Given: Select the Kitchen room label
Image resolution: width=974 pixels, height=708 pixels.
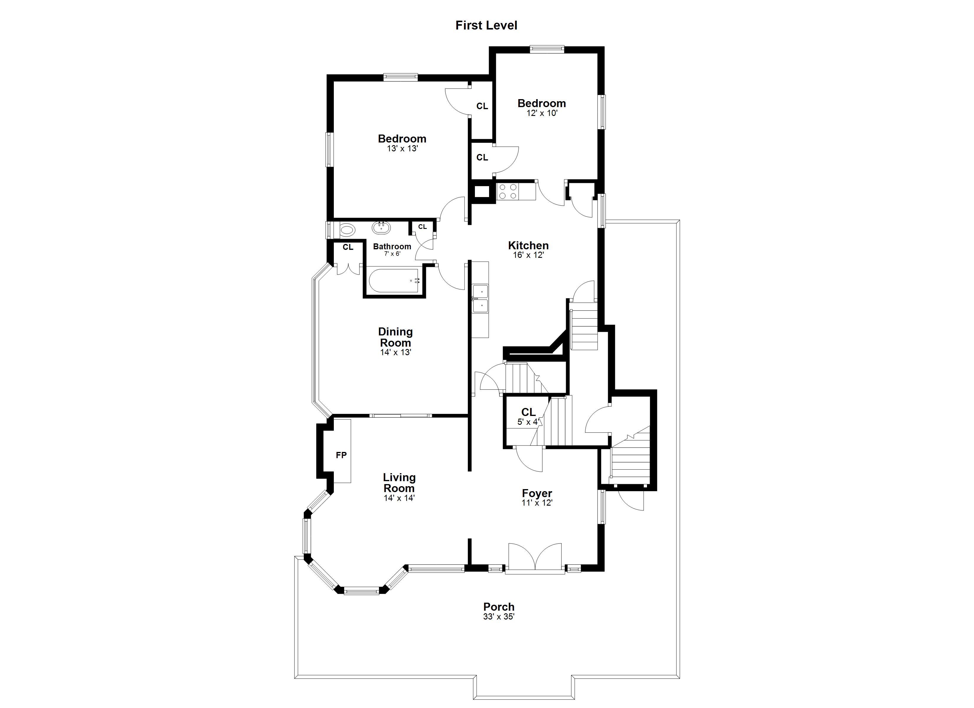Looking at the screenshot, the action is [x=528, y=246].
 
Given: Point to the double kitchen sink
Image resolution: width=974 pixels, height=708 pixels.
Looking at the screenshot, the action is [x=481, y=299].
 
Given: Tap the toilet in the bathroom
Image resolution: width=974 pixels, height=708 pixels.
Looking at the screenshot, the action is [x=347, y=230].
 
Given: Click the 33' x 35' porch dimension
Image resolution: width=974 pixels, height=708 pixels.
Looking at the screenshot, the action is [x=499, y=617].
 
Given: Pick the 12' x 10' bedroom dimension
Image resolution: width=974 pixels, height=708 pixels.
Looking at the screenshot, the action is [x=542, y=113].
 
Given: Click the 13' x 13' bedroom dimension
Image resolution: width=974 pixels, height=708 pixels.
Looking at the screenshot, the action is [x=402, y=149].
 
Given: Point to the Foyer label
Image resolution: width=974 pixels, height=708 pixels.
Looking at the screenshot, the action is [x=537, y=493].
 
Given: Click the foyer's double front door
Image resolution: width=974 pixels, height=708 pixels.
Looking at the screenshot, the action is [x=535, y=558].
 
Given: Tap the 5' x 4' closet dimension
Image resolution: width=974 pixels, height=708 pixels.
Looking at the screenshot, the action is [x=528, y=422].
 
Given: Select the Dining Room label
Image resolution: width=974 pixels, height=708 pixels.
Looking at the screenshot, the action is [x=396, y=337].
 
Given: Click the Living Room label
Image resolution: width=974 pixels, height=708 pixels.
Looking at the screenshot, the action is [x=399, y=483].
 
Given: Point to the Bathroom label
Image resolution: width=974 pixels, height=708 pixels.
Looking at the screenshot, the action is [x=392, y=246].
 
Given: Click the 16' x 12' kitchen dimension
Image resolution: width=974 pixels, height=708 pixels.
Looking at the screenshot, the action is [x=528, y=255].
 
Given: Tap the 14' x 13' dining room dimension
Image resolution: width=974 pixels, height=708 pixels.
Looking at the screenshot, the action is [x=396, y=353].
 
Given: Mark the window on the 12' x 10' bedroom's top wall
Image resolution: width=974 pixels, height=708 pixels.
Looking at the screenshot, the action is [x=547, y=49].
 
